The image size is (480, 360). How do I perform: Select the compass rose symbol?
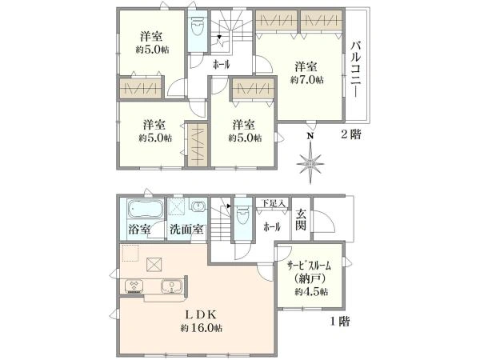tap(310, 165)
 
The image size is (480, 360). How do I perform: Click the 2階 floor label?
tap(350, 135)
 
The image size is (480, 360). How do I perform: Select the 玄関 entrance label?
tap(301, 219)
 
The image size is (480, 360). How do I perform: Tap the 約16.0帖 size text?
tap(202, 328)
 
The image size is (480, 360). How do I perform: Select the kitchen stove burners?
tap(132, 286)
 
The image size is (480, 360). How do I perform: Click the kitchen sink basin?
tap(170, 286)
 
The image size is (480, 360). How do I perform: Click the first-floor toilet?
tap(242, 222)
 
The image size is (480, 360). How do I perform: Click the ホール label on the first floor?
tap(271, 227)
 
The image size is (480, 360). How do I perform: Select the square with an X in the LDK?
tap(157, 263)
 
